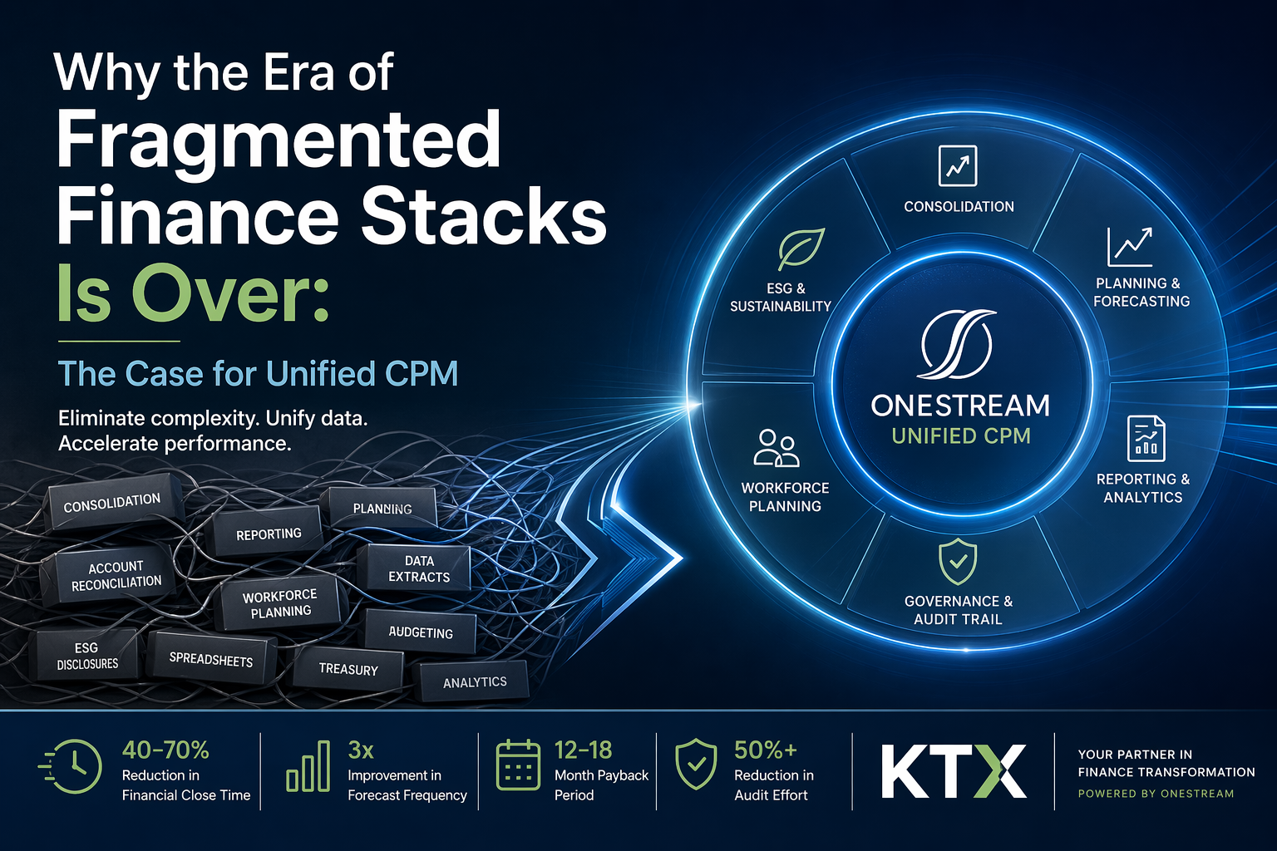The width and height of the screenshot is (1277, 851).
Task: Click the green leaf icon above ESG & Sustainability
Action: (801, 248)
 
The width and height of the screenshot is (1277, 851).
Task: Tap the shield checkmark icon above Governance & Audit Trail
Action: (958, 562)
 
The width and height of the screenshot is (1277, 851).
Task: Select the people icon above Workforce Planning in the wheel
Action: (777, 448)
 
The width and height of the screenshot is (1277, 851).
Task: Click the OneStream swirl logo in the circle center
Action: (958, 344)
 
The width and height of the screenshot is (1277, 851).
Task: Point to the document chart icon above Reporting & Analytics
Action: (1146, 438)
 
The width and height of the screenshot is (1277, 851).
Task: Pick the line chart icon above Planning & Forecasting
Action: (1130, 247)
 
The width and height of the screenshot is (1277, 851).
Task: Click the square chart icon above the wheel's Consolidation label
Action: (958, 165)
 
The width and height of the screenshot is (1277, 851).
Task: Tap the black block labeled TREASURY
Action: (348, 669)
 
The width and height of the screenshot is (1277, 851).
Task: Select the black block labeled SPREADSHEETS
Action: (211, 659)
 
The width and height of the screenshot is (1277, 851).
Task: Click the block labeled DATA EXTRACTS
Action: (418, 568)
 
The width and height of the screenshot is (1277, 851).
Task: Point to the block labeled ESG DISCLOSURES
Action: (87, 656)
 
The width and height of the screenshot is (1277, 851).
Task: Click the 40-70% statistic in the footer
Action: (165, 750)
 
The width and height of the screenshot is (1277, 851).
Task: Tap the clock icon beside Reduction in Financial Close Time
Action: (74, 766)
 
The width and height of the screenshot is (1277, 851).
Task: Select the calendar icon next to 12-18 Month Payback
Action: (517, 765)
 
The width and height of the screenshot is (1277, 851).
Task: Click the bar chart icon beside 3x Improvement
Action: (308, 766)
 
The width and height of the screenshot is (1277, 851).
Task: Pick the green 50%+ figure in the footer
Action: (765, 750)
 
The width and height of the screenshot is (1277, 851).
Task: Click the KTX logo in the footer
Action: (954, 771)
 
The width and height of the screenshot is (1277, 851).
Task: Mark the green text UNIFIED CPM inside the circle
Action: (961, 436)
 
